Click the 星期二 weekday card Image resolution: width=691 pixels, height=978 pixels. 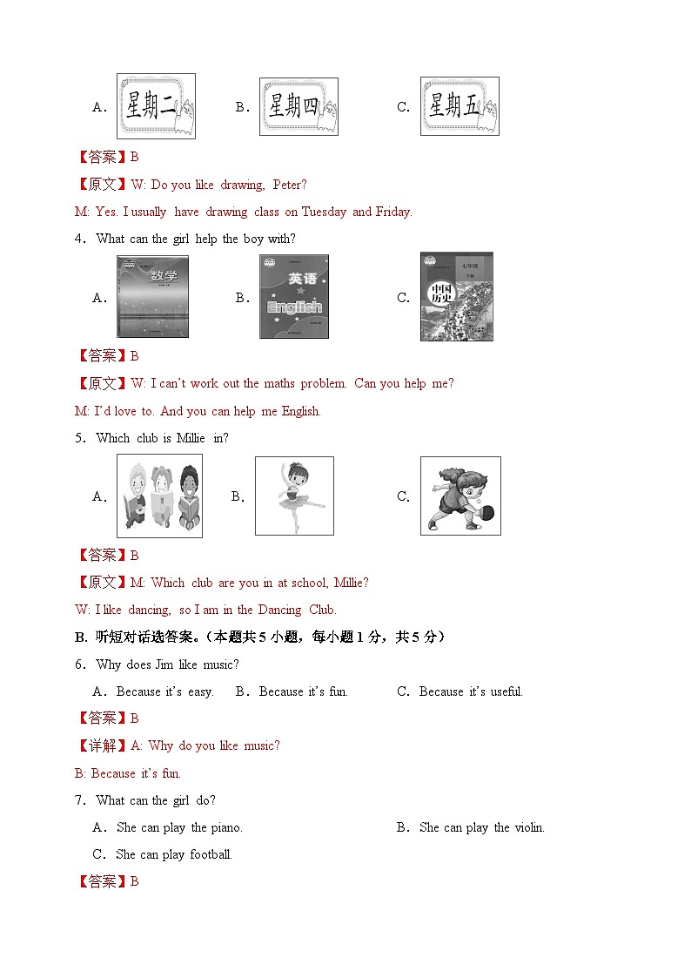[x=156, y=106]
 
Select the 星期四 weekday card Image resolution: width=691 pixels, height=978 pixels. [x=299, y=106]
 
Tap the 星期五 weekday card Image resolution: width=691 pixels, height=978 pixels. [x=460, y=106]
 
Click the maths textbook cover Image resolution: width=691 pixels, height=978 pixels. [x=152, y=296]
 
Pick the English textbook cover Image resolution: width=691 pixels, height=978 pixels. [x=294, y=296]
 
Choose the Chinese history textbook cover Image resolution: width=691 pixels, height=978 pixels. [x=457, y=296]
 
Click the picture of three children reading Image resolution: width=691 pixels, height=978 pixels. [x=159, y=496]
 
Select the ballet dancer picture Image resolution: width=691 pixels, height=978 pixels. [x=294, y=496]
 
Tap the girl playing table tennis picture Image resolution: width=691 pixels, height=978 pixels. [x=460, y=496]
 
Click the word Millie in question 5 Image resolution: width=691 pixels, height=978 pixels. [x=191, y=438]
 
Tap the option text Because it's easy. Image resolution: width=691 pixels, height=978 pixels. [x=164, y=691]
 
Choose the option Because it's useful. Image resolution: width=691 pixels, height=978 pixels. [x=471, y=691]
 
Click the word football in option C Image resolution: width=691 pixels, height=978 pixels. [x=211, y=854]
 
